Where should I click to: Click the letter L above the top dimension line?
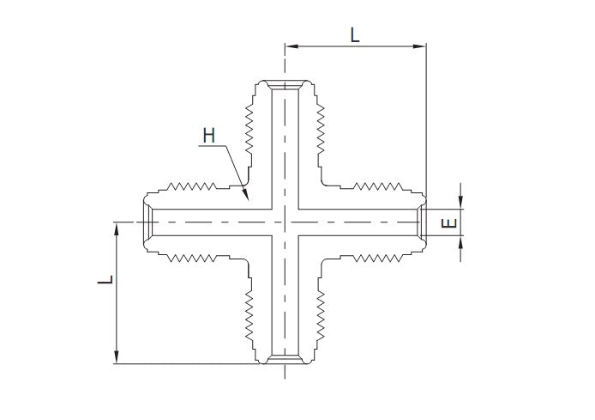point(356,34)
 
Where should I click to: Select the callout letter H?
point(208,136)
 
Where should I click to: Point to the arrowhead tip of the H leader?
point(248,201)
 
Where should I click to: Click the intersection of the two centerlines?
point(284,222)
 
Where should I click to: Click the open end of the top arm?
point(284,84)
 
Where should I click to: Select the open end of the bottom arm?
point(284,359)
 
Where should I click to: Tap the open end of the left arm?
point(146,222)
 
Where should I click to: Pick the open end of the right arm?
point(421,222)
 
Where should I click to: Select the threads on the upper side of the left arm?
point(196,184)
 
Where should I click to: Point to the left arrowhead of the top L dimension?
point(289,46)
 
